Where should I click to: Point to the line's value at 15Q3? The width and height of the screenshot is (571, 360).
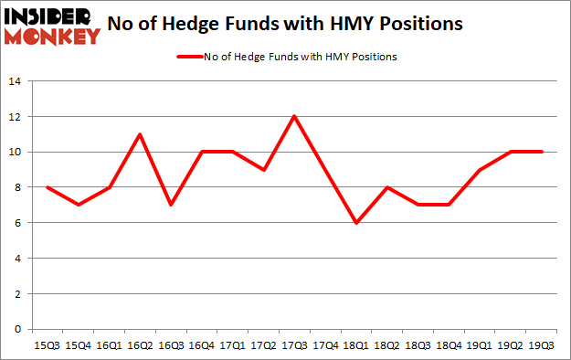pos(48,187)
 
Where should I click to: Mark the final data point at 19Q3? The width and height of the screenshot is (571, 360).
pos(543,152)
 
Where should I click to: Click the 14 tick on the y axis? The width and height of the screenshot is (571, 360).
pos(16,81)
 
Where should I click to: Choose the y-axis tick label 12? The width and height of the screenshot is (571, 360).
pos(16,117)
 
